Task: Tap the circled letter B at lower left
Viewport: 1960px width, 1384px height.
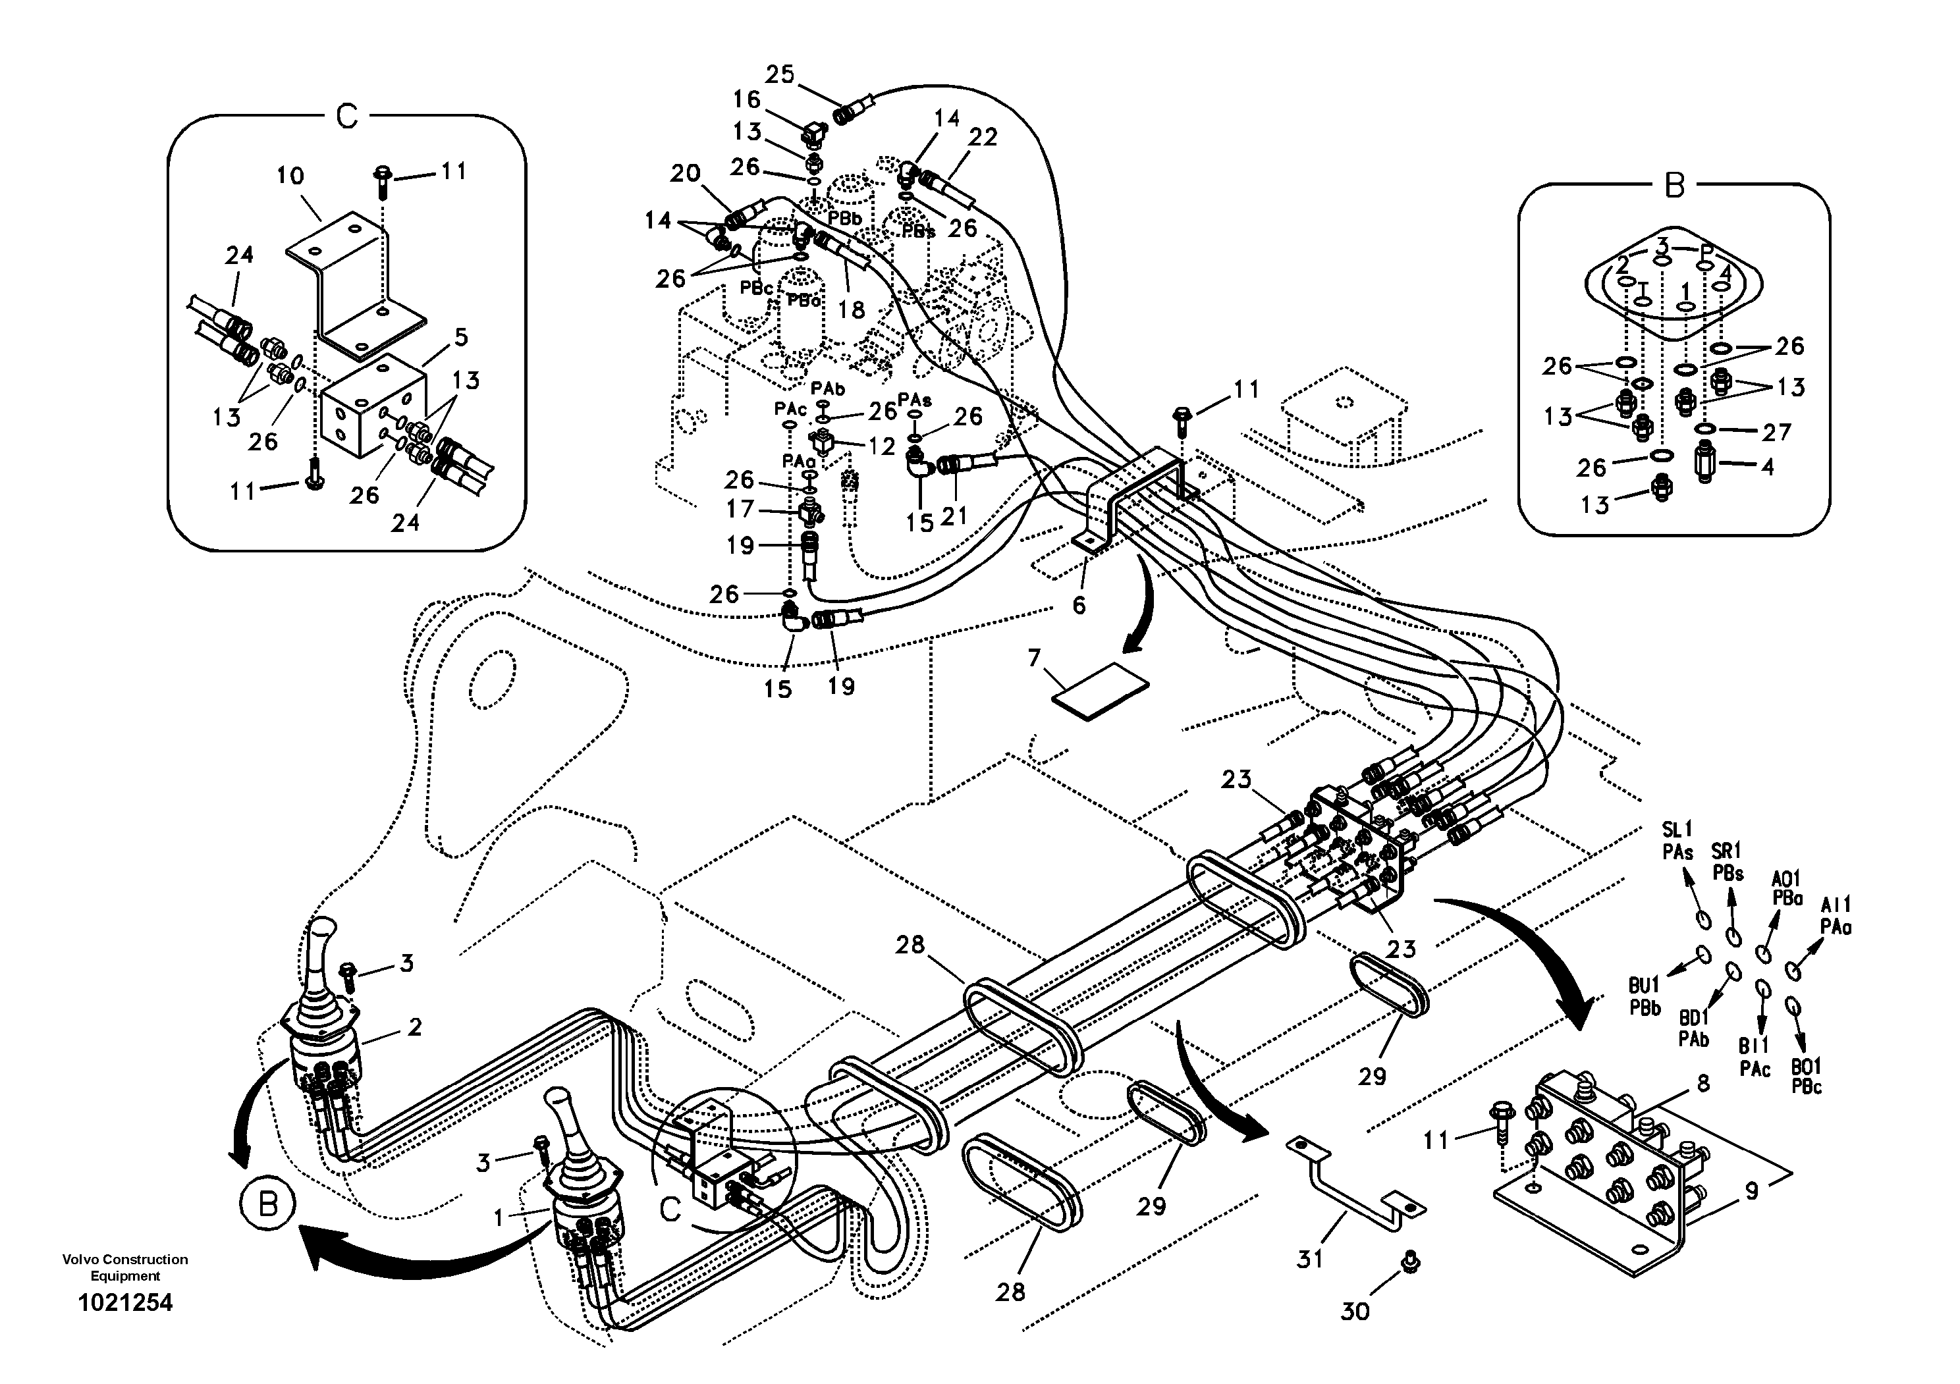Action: [267, 1206]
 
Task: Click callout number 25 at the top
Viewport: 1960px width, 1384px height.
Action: [778, 75]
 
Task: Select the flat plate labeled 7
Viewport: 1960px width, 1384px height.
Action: [1099, 689]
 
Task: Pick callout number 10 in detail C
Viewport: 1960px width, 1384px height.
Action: [290, 176]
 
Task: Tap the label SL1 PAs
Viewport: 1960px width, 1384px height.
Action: [1677, 839]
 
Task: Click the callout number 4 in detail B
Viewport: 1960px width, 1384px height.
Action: [1767, 467]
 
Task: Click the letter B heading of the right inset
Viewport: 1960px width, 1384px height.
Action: [1674, 184]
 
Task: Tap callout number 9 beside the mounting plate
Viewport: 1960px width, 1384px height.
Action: [1752, 1191]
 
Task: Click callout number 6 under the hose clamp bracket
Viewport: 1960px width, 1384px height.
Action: [1079, 606]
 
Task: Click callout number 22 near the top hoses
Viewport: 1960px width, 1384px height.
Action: [983, 138]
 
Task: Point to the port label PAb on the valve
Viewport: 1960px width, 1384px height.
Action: [827, 389]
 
